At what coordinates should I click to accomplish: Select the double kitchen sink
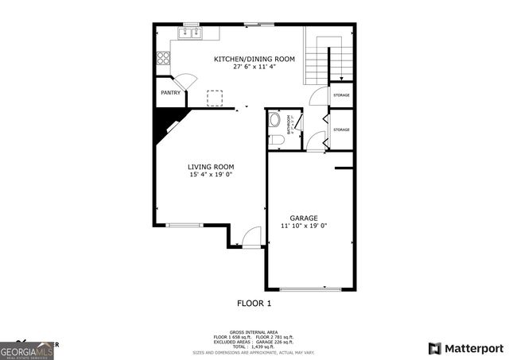coord(190,34)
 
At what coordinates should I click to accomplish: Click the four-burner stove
coord(163,57)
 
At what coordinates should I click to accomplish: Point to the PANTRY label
coord(170,93)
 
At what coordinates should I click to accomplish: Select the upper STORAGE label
coord(341,95)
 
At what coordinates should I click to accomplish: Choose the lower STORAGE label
coord(341,130)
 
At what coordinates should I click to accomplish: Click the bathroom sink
coord(275,121)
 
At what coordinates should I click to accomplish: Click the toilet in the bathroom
coord(276,140)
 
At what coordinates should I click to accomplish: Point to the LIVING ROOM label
coord(210,167)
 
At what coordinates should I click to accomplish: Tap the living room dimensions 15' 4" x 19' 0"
coord(210,175)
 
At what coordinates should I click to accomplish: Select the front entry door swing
coord(251,236)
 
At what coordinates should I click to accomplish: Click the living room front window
coord(185,225)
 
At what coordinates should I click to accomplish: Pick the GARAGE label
coord(304,218)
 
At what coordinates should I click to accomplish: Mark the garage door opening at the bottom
coord(303,288)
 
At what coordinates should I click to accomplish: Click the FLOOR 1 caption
coord(254,304)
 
